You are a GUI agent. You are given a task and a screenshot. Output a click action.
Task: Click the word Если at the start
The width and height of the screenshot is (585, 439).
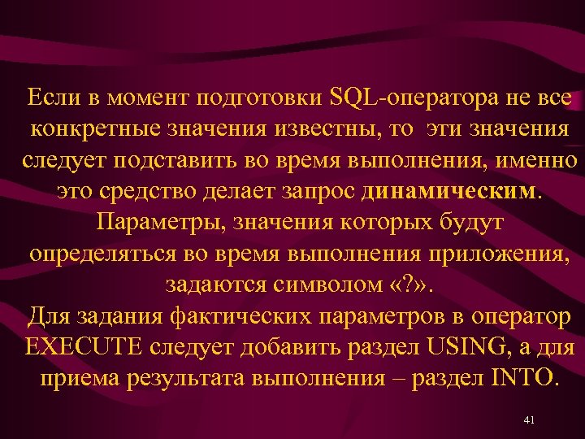(51, 100)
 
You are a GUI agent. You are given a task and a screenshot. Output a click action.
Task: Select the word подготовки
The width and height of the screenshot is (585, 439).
(258, 100)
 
